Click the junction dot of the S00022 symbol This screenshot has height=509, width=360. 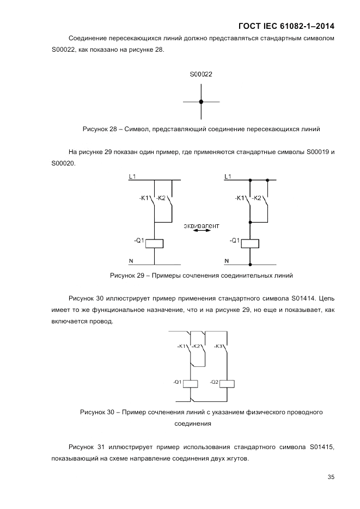click(201, 101)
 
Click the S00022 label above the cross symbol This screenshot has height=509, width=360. click(201, 74)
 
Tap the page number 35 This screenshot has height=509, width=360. click(331, 477)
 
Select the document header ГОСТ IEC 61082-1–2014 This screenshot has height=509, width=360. click(286, 26)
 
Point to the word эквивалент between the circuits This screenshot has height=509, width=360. click(202, 224)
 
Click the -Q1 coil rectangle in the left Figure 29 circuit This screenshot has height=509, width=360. click(156, 243)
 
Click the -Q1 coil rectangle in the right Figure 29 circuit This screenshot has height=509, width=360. click(251, 243)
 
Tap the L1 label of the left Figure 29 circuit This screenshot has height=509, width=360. click(132, 176)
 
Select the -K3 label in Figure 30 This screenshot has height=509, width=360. click(218, 346)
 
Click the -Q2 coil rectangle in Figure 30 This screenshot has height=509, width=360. click(228, 383)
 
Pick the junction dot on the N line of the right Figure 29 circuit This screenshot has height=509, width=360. click(251, 265)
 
